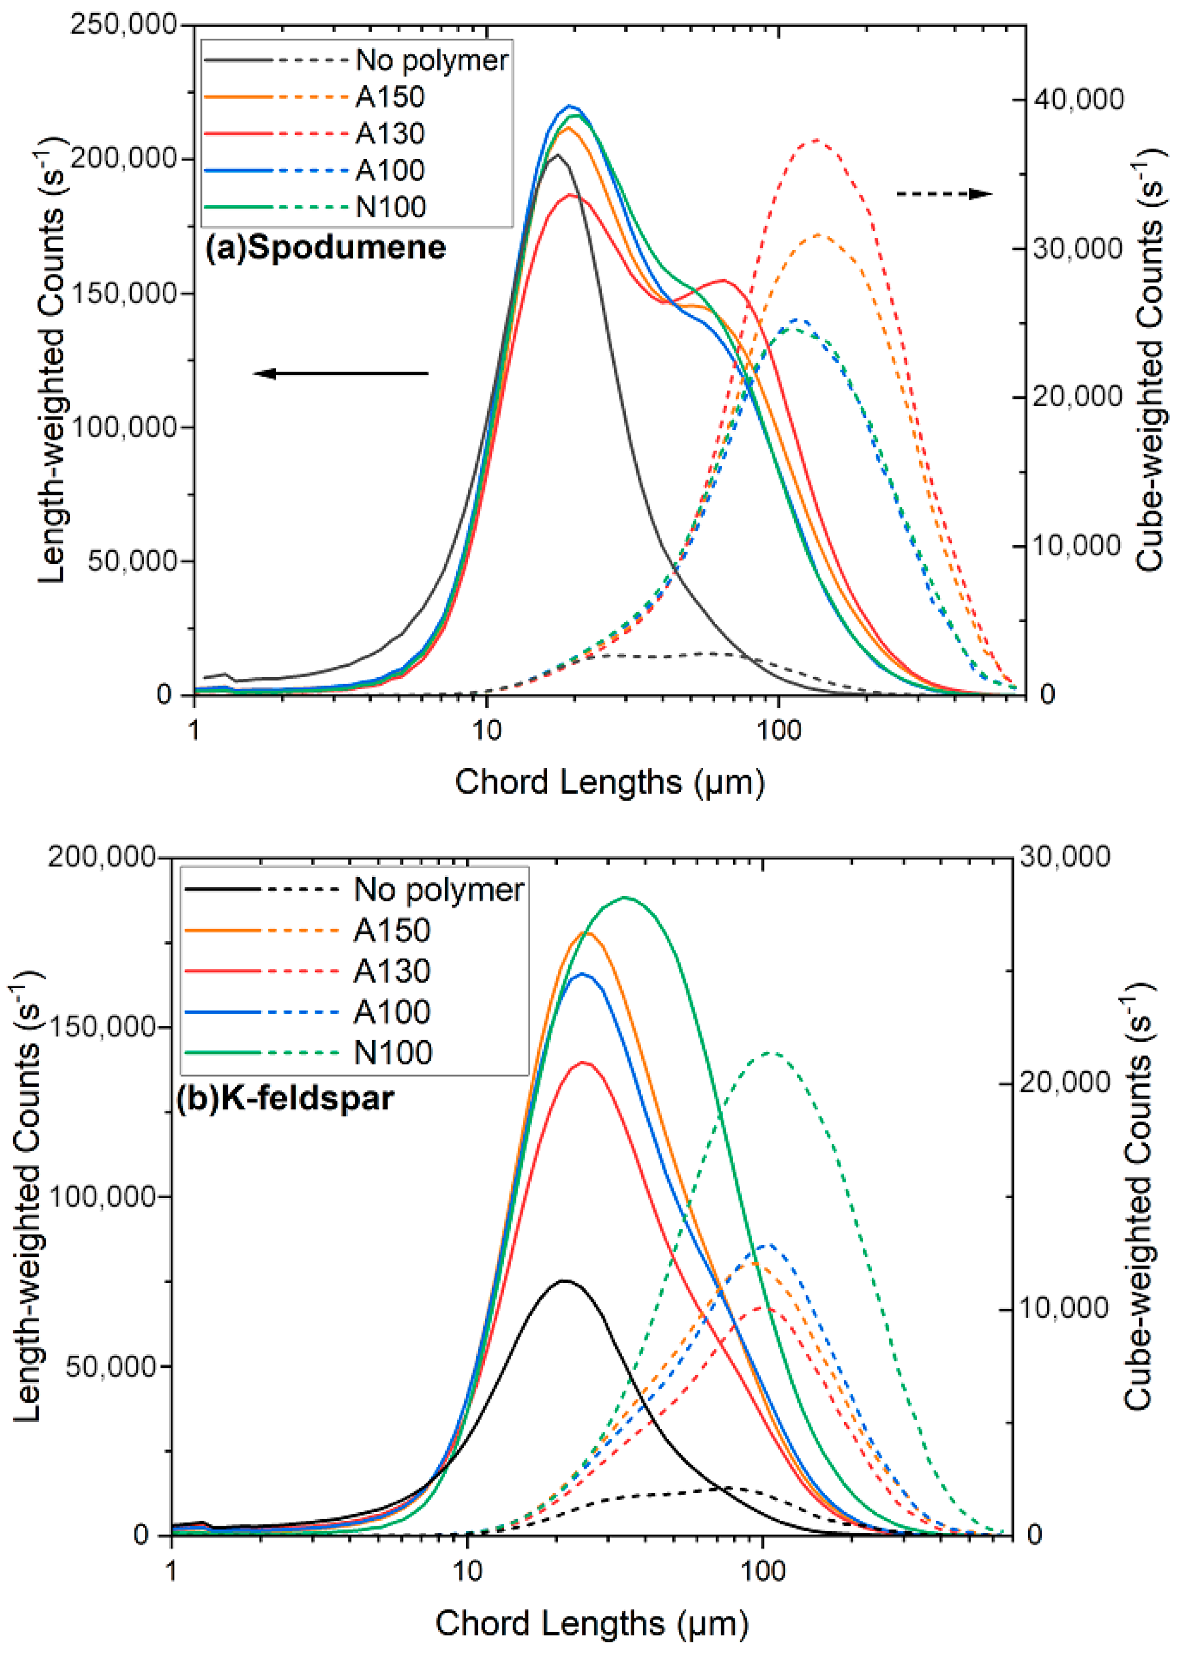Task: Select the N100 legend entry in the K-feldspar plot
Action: (393, 1052)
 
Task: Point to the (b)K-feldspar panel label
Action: (285, 1097)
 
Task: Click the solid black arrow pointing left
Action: (340, 374)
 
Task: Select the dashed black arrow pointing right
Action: (943, 193)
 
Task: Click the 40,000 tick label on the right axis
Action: (1077, 100)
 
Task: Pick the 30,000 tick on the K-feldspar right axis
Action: (1065, 857)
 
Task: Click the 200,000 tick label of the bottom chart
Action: (102, 857)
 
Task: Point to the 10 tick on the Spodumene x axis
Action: (486, 729)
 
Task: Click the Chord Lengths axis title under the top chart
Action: (610, 782)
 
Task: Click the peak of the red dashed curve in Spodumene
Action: (816, 140)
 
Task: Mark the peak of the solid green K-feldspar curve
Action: (625, 898)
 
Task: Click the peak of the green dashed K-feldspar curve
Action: (771, 1053)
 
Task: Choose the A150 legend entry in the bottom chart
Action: (391, 930)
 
